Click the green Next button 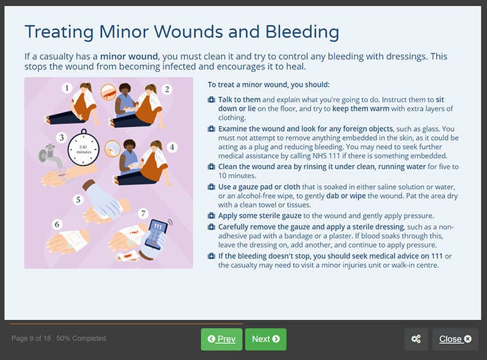click(265, 339)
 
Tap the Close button click(455, 339)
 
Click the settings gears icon click(416, 339)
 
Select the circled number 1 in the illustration click(67, 88)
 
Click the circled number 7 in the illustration click(143, 213)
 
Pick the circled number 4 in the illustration click(171, 147)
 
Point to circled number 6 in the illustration click(57, 224)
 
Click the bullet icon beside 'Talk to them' click(211, 100)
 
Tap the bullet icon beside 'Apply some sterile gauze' click(211, 216)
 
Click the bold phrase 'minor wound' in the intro click(128, 57)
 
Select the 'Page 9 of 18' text click(31, 338)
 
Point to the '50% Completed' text click(81, 338)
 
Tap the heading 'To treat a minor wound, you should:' click(269, 84)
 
